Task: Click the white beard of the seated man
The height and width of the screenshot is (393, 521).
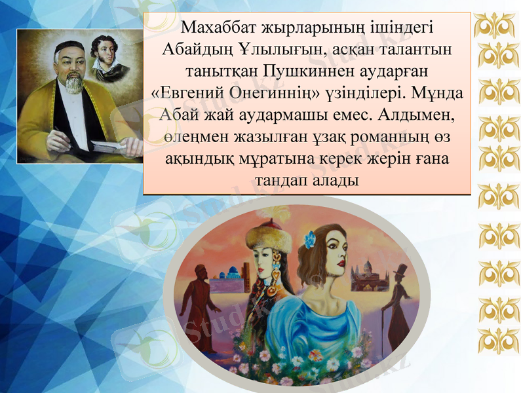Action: [73, 83]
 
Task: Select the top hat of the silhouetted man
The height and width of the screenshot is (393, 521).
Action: [399, 269]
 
